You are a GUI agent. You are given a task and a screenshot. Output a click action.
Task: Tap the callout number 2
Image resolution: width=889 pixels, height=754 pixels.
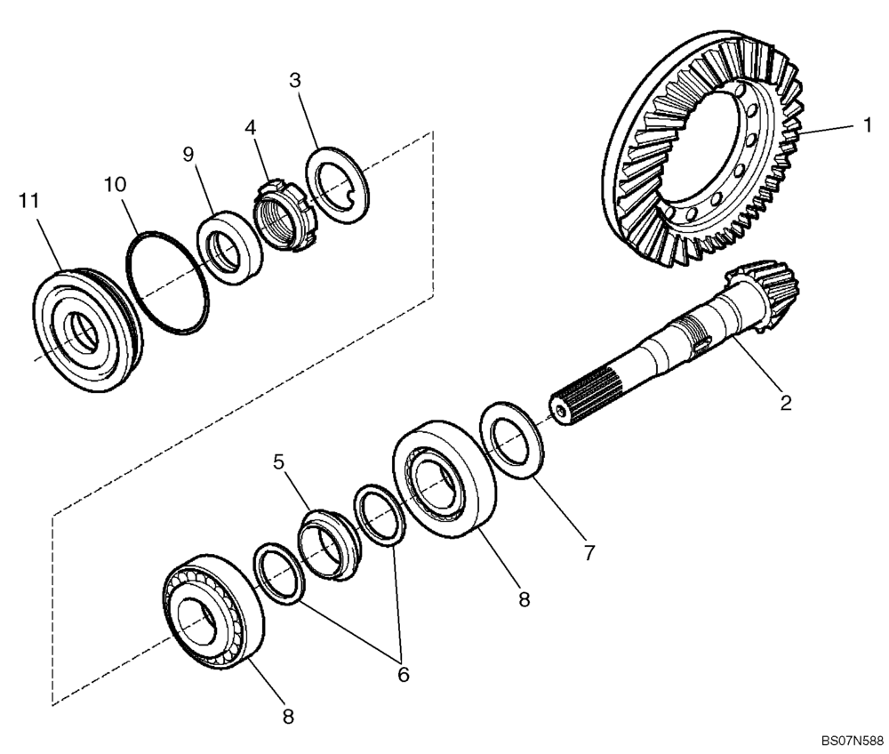click(x=785, y=403)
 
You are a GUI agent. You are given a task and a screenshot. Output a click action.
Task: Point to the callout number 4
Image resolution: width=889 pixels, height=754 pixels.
click(x=252, y=127)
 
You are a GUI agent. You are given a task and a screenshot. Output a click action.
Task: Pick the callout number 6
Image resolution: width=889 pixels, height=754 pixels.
click(x=403, y=674)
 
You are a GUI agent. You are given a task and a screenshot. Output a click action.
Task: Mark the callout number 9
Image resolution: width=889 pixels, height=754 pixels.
click(x=188, y=154)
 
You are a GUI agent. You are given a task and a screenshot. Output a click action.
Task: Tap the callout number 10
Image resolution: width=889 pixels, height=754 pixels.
click(x=115, y=185)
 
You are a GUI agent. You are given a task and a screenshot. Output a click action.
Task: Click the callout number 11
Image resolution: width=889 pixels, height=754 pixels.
click(x=28, y=202)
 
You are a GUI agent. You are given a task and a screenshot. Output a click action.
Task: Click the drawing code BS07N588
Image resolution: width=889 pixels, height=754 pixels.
click(x=852, y=740)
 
